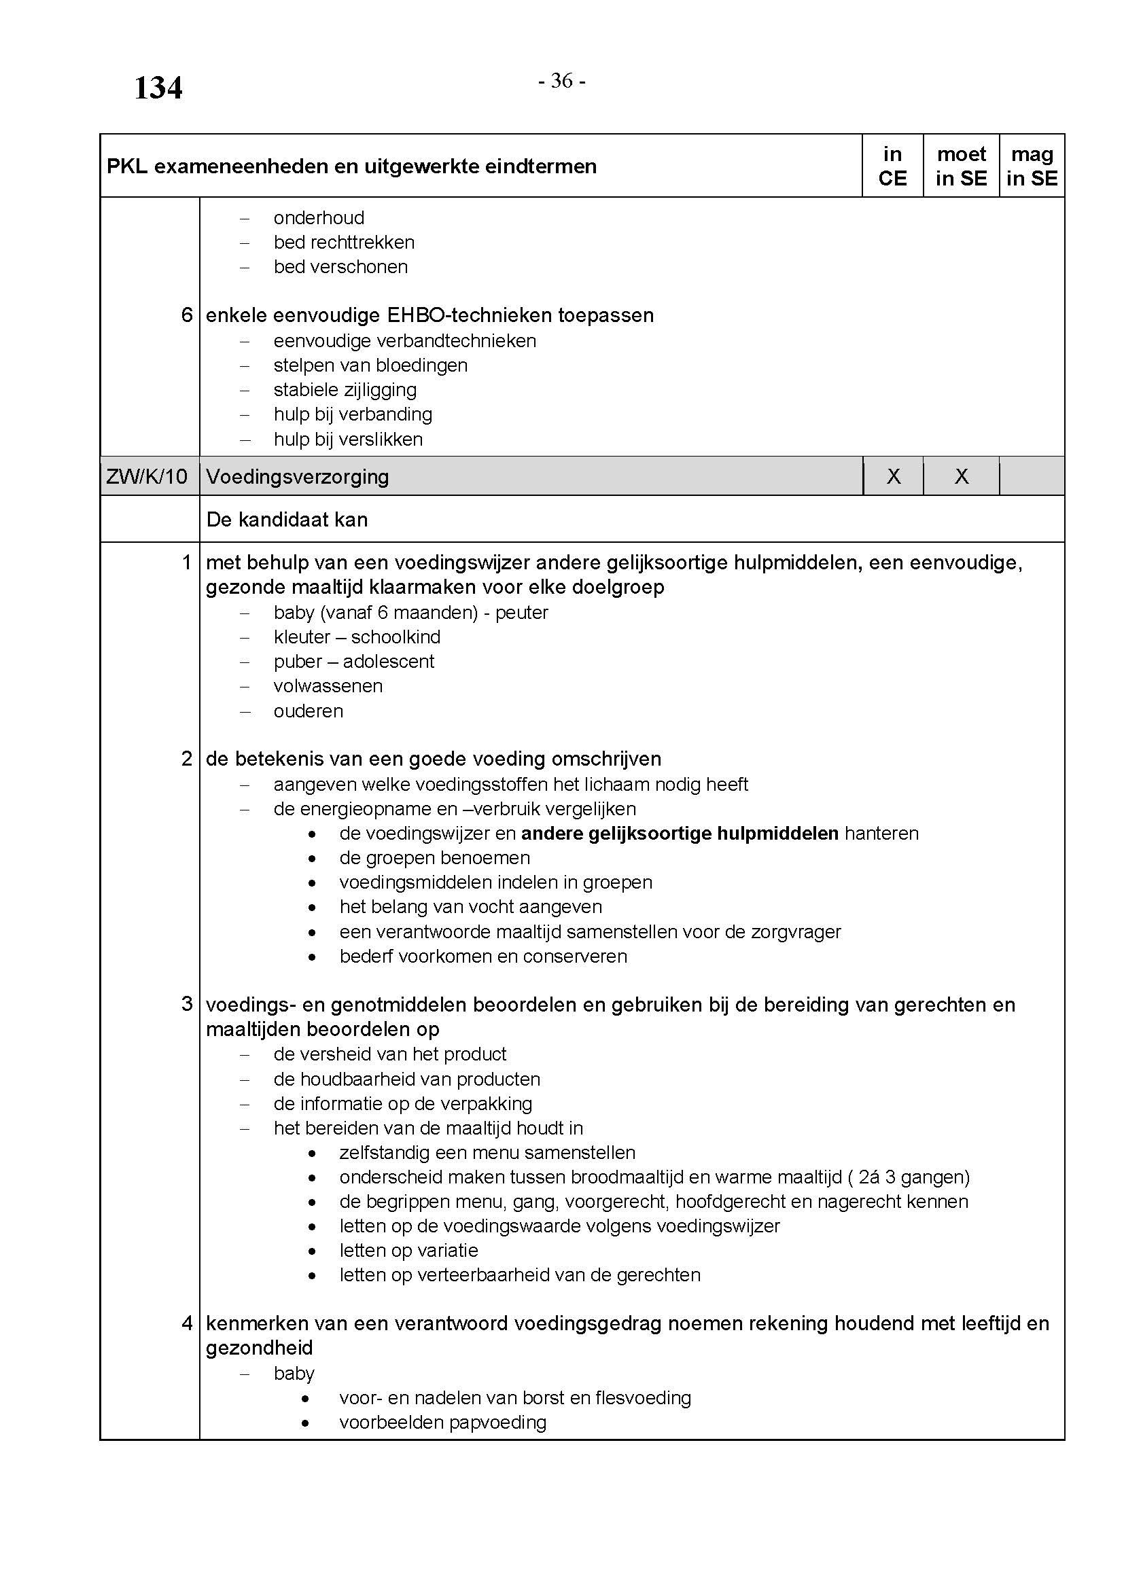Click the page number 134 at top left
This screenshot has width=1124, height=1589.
pos(158,88)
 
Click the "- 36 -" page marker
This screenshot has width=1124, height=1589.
pos(561,82)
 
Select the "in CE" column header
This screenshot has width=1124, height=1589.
pos(892,166)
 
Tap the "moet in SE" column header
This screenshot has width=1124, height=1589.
pos(961,166)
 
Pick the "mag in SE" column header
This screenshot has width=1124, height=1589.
pos(1032,166)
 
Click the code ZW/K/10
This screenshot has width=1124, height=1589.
pos(147,476)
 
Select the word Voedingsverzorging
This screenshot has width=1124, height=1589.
pos(298,476)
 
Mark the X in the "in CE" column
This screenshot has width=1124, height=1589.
pos(894,476)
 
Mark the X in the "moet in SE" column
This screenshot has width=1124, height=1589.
pos(962,476)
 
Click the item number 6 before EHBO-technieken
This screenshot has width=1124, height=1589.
pos(187,316)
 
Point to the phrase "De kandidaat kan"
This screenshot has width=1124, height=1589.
pos(287,520)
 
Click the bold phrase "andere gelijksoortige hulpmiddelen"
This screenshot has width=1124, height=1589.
pos(680,834)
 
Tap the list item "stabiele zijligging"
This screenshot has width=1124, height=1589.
pos(345,390)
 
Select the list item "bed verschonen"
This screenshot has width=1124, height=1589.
pos(340,267)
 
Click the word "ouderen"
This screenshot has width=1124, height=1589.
pos(308,711)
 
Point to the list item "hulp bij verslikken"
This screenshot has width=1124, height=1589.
pos(347,439)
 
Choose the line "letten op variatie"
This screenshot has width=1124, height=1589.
pos(408,1250)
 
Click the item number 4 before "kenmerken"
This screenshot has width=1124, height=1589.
pos(187,1323)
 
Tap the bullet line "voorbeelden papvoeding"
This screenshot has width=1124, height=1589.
pos(443,1422)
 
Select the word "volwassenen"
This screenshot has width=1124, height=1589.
pos(328,686)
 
